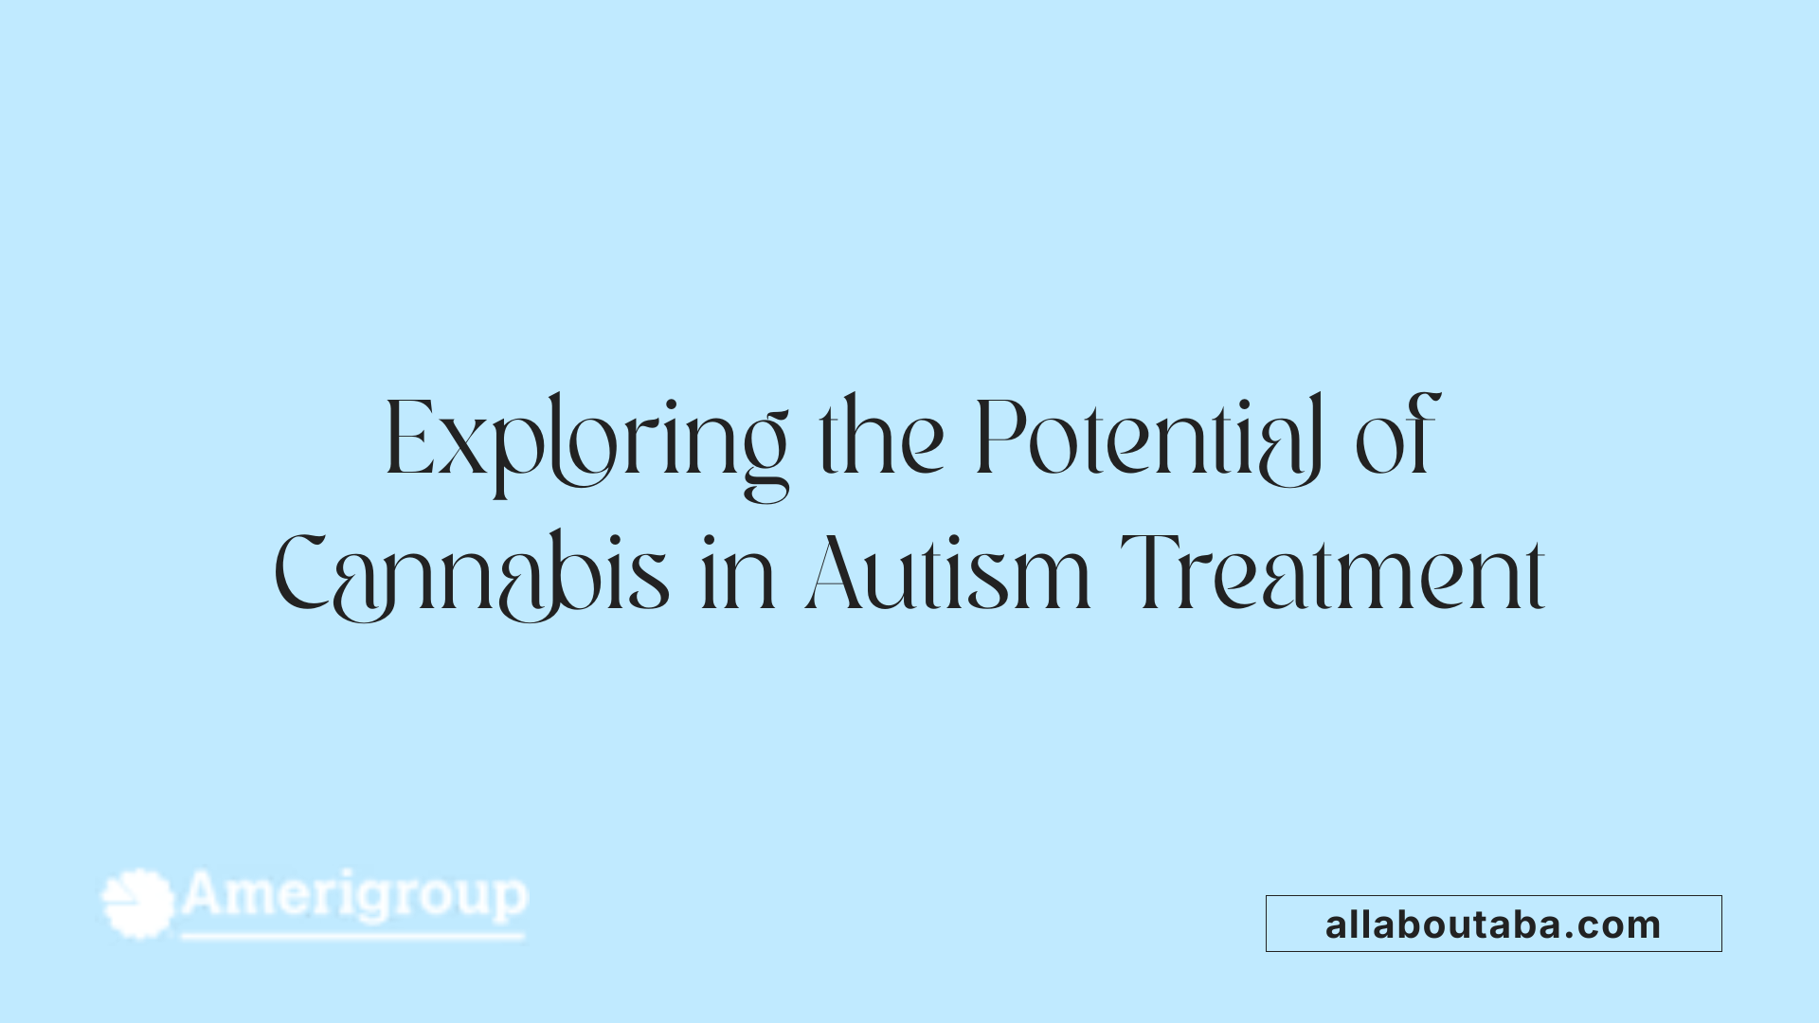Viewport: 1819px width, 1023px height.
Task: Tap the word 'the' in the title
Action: [881, 438]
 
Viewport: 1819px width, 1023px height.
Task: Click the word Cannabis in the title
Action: [472, 574]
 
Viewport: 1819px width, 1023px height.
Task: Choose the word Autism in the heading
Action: [947, 574]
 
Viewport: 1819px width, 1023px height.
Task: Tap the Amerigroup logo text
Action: [354, 895]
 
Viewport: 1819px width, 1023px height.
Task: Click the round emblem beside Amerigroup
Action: [138, 904]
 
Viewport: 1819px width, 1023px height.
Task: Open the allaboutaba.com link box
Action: [1493, 924]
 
